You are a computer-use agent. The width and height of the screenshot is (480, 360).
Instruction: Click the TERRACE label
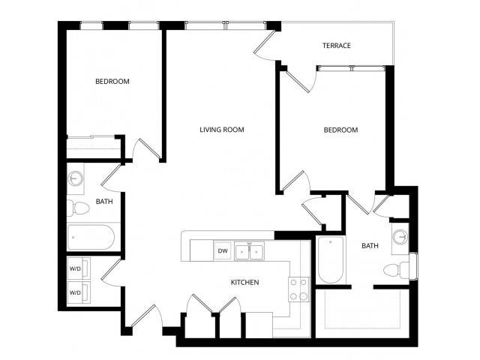337,46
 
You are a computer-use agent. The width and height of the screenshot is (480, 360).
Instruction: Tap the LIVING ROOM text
221,130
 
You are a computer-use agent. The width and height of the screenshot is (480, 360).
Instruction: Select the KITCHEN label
244,283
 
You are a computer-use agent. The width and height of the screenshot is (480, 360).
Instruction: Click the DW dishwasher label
222,251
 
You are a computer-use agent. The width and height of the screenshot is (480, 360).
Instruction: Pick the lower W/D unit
78,292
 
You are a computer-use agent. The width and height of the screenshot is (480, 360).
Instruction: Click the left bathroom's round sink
75,179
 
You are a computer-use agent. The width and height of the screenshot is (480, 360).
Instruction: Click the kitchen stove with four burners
298,289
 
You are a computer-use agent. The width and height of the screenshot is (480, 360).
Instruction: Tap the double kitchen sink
249,251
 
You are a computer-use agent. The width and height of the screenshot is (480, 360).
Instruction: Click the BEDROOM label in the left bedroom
112,81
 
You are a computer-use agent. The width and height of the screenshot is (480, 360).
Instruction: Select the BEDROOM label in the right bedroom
340,130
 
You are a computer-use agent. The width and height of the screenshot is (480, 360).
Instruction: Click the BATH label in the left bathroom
103,202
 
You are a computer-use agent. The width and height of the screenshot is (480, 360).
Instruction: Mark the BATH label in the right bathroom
370,246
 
